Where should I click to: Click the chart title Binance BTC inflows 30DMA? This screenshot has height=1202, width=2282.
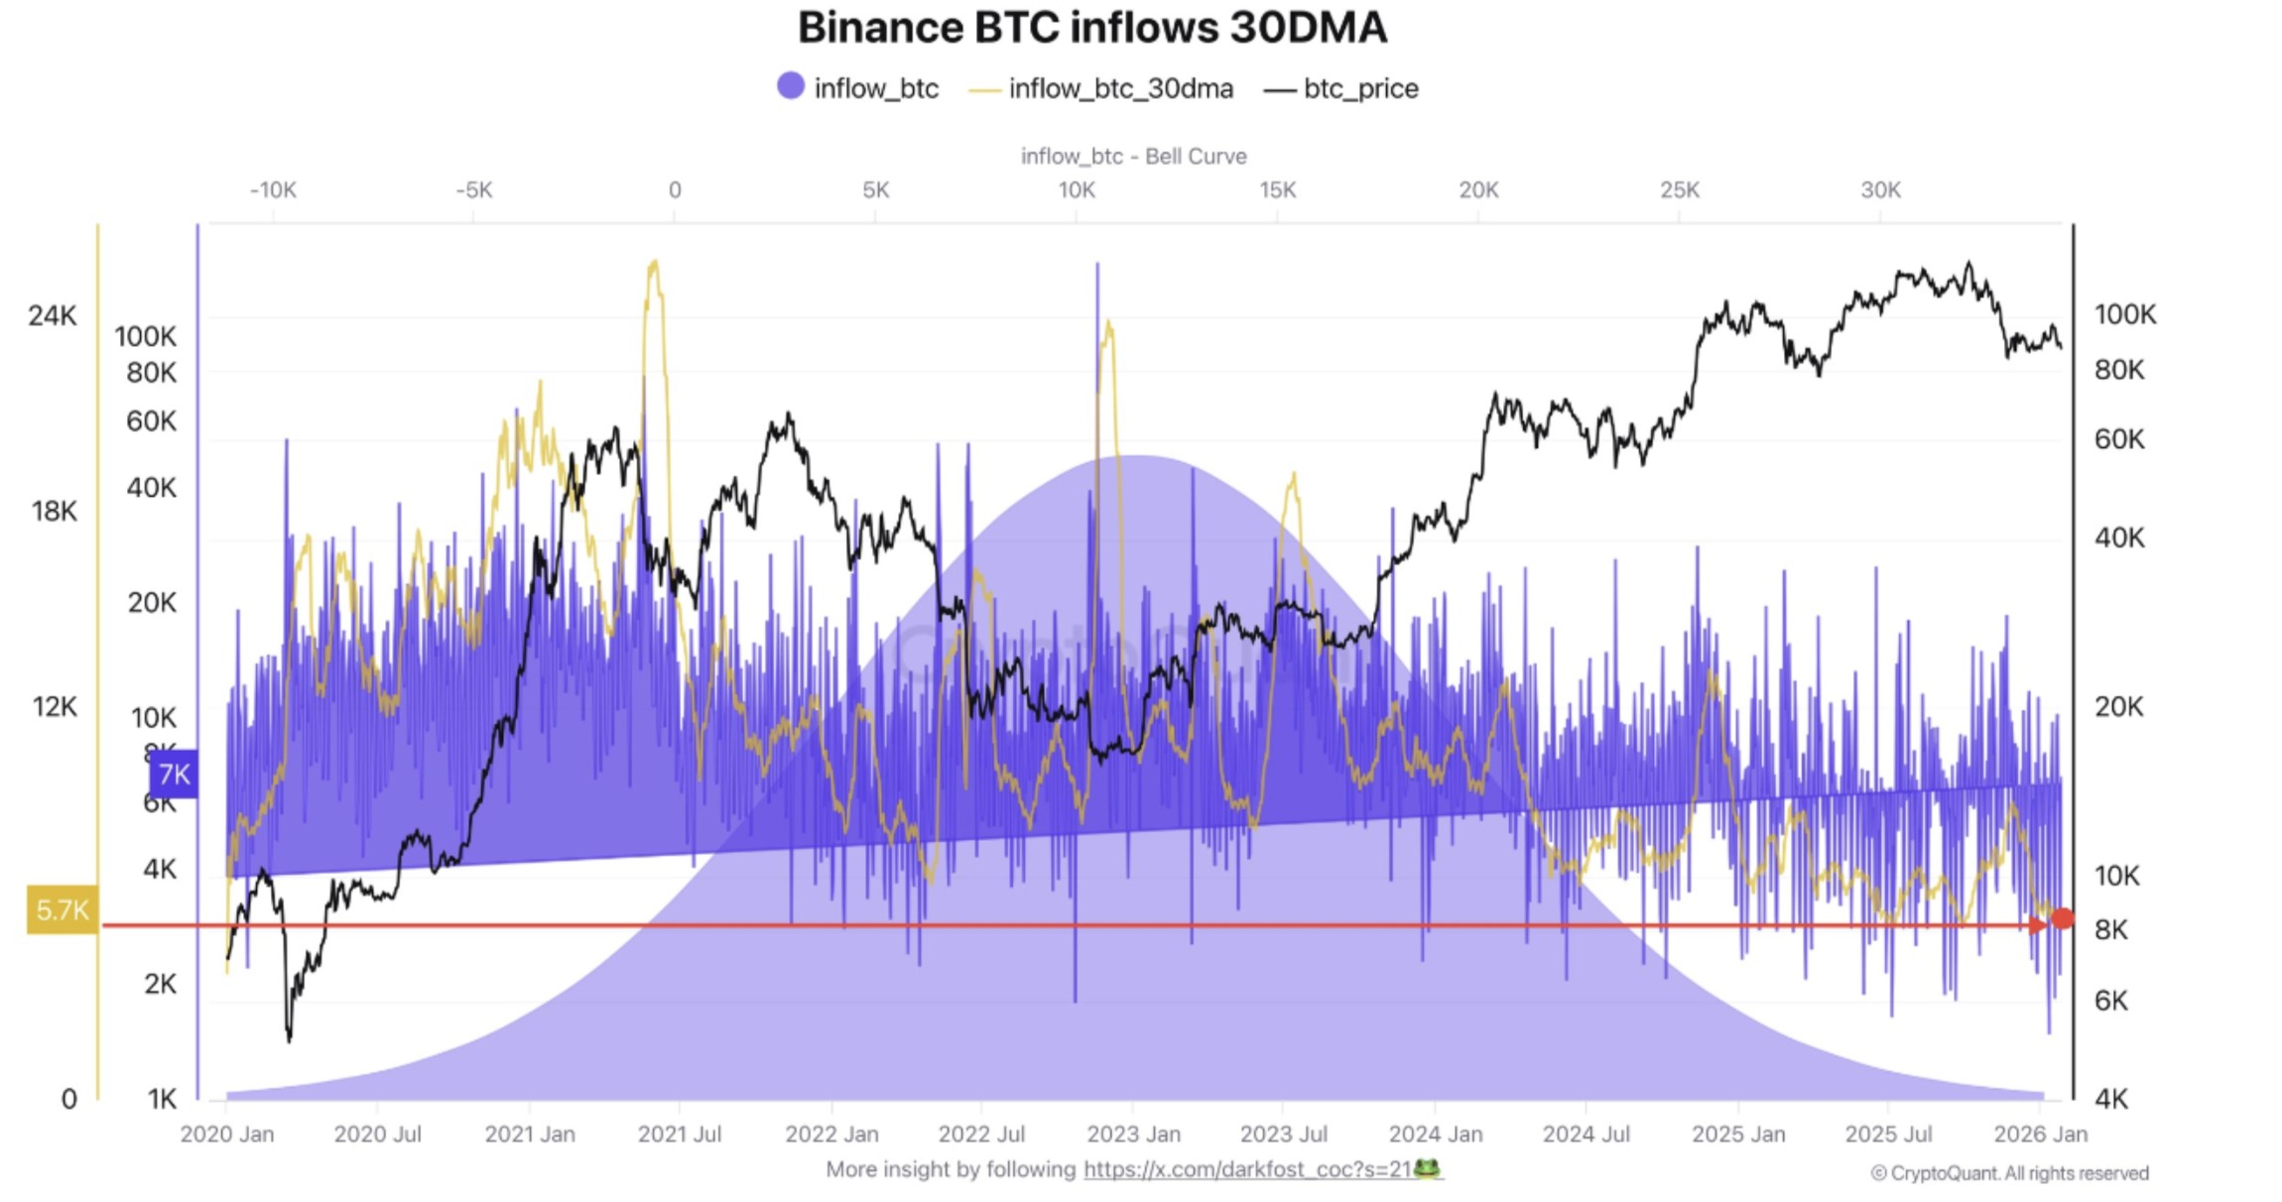point(1091,28)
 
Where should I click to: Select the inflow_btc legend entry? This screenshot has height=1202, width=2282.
point(859,88)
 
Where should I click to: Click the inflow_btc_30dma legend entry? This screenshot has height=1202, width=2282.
point(1102,88)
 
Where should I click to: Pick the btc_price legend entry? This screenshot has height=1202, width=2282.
point(1341,88)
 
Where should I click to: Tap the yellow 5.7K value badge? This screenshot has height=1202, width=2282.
point(62,909)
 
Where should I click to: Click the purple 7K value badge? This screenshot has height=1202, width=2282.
point(174,774)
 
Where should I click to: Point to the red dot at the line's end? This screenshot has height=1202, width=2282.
point(2063,918)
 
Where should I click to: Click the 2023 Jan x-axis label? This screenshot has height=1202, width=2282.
point(1133,1134)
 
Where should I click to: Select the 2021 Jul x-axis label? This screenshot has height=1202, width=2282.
point(679,1134)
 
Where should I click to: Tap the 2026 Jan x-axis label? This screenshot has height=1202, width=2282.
point(2040,1134)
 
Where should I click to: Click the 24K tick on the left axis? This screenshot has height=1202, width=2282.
point(52,315)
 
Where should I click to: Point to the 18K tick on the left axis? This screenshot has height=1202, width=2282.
point(54,511)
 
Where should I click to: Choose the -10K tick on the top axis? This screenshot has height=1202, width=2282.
point(273,189)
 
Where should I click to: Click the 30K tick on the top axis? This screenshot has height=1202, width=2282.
point(1880,189)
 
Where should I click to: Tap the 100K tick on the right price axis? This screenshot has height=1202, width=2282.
point(2124,314)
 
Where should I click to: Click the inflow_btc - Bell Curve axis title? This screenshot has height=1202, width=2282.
point(1133,156)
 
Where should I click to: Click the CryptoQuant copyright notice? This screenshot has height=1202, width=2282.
point(2009,1173)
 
